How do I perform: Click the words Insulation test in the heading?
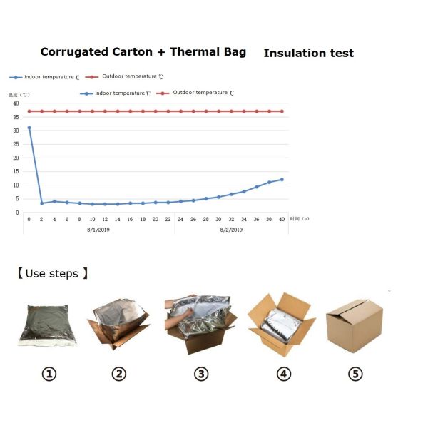pyautogui.click(x=308, y=53)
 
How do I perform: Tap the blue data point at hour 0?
pyautogui.click(x=29, y=128)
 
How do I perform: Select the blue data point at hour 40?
pyautogui.click(x=282, y=180)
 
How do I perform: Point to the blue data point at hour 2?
pyautogui.click(x=42, y=203)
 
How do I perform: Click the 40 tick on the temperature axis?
pyautogui.click(x=15, y=103)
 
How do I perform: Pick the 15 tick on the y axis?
pyautogui.click(x=15, y=172)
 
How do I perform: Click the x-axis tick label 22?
pyautogui.click(x=168, y=220)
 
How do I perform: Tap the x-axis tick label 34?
pyautogui.click(x=244, y=220)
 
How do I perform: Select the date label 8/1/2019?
pyautogui.click(x=98, y=230)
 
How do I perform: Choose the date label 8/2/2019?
pyautogui.click(x=230, y=230)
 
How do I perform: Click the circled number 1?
pyautogui.click(x=49, y=373)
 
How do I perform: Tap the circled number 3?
pyautogui.click(x=202, y=373)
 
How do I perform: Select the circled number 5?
pyautogui.click(x=355, y=373)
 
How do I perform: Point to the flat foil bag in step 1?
pyautogui.click(x=47, y=325)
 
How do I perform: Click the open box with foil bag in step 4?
pyautogui.click(x=281, y=325)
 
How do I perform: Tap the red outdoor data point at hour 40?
pyautogui.click(x=282, y=111)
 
